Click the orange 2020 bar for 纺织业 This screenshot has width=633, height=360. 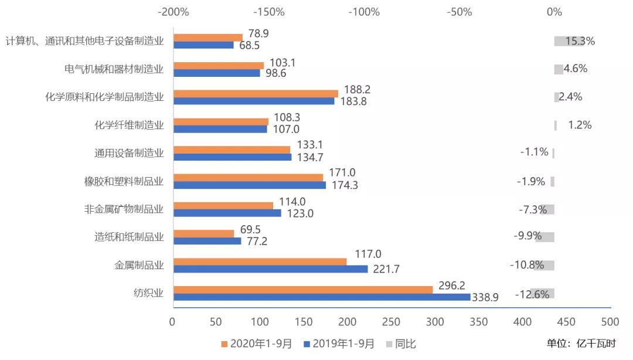303,289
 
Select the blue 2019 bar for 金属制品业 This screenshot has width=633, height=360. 270,269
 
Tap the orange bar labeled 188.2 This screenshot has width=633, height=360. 256,93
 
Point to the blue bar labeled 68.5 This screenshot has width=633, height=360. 203,45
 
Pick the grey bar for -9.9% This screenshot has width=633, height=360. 544,237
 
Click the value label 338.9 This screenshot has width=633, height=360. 486,297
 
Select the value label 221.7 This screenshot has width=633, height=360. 384,269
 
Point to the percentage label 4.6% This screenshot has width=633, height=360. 575,69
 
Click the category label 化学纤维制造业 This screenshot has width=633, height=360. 129,125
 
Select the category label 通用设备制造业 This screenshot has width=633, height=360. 129,153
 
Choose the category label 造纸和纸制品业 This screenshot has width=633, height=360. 129,237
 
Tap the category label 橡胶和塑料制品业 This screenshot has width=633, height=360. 124,181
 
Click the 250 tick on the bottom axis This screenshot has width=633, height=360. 392,322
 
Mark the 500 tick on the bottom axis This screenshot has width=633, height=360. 610,322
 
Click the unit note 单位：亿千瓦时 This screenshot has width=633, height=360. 581,344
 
